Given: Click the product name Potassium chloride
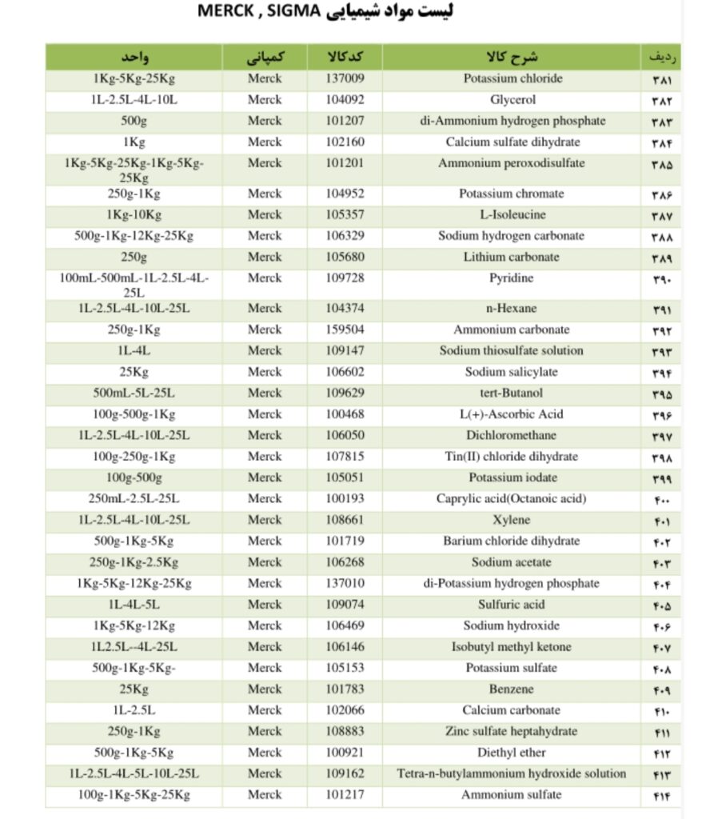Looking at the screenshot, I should [513, 79].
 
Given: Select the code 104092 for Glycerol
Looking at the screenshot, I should [345, 100].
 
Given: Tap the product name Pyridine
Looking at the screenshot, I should [511, 278].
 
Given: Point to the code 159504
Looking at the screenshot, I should [345, 330].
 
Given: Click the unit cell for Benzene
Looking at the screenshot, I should [134, 689].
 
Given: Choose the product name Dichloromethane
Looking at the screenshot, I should [511, 435].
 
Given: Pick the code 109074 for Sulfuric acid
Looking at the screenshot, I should [345, 605].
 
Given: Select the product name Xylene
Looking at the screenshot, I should [511, 520].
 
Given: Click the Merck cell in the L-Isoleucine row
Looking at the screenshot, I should [265, 214].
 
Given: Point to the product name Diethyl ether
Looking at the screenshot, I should [511, 753].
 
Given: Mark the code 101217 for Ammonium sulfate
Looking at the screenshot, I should [345, 795].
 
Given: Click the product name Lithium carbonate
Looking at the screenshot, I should [511, 257].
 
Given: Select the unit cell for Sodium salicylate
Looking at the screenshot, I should [134, 372].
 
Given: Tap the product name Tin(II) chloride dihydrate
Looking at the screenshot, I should [511, 457].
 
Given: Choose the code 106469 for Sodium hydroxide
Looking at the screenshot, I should [345, 625].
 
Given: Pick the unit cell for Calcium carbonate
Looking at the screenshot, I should [134, 710].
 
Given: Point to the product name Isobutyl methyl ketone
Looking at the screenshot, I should [511, 647].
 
